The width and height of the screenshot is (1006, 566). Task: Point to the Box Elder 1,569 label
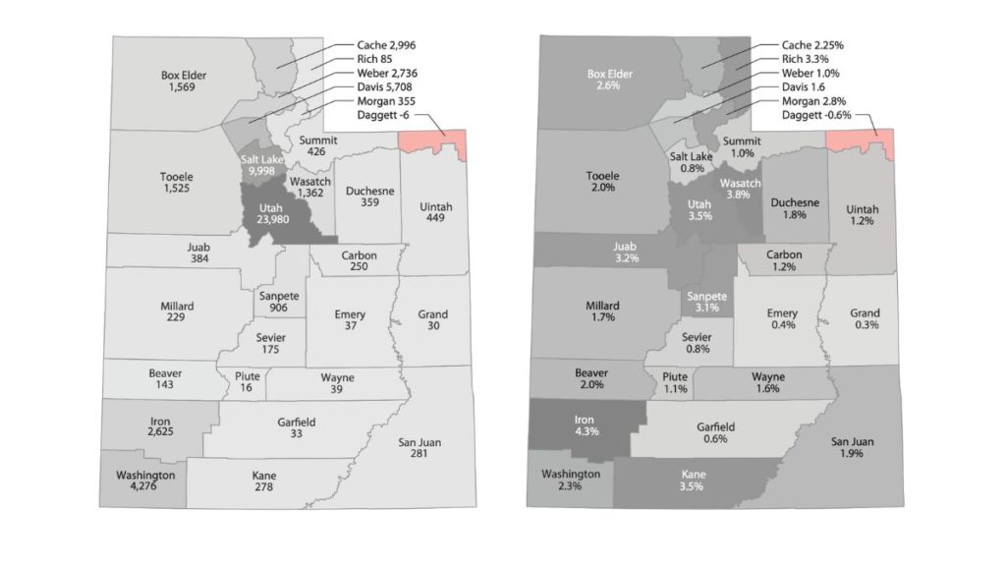click(183, 81)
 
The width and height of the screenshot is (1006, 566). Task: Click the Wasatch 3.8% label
click(743, 188)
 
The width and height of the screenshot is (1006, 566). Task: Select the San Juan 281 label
click(419, 449)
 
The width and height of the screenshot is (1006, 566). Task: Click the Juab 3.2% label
click(626, 252)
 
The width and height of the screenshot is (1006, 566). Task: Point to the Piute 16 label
click(246, 382)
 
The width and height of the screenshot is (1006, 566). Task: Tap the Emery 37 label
click(351, 321)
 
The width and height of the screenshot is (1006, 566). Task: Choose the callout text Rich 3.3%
click(793, 60)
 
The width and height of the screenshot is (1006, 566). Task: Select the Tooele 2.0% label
click(603, 182)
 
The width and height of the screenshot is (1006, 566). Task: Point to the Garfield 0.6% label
click(716, 433)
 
